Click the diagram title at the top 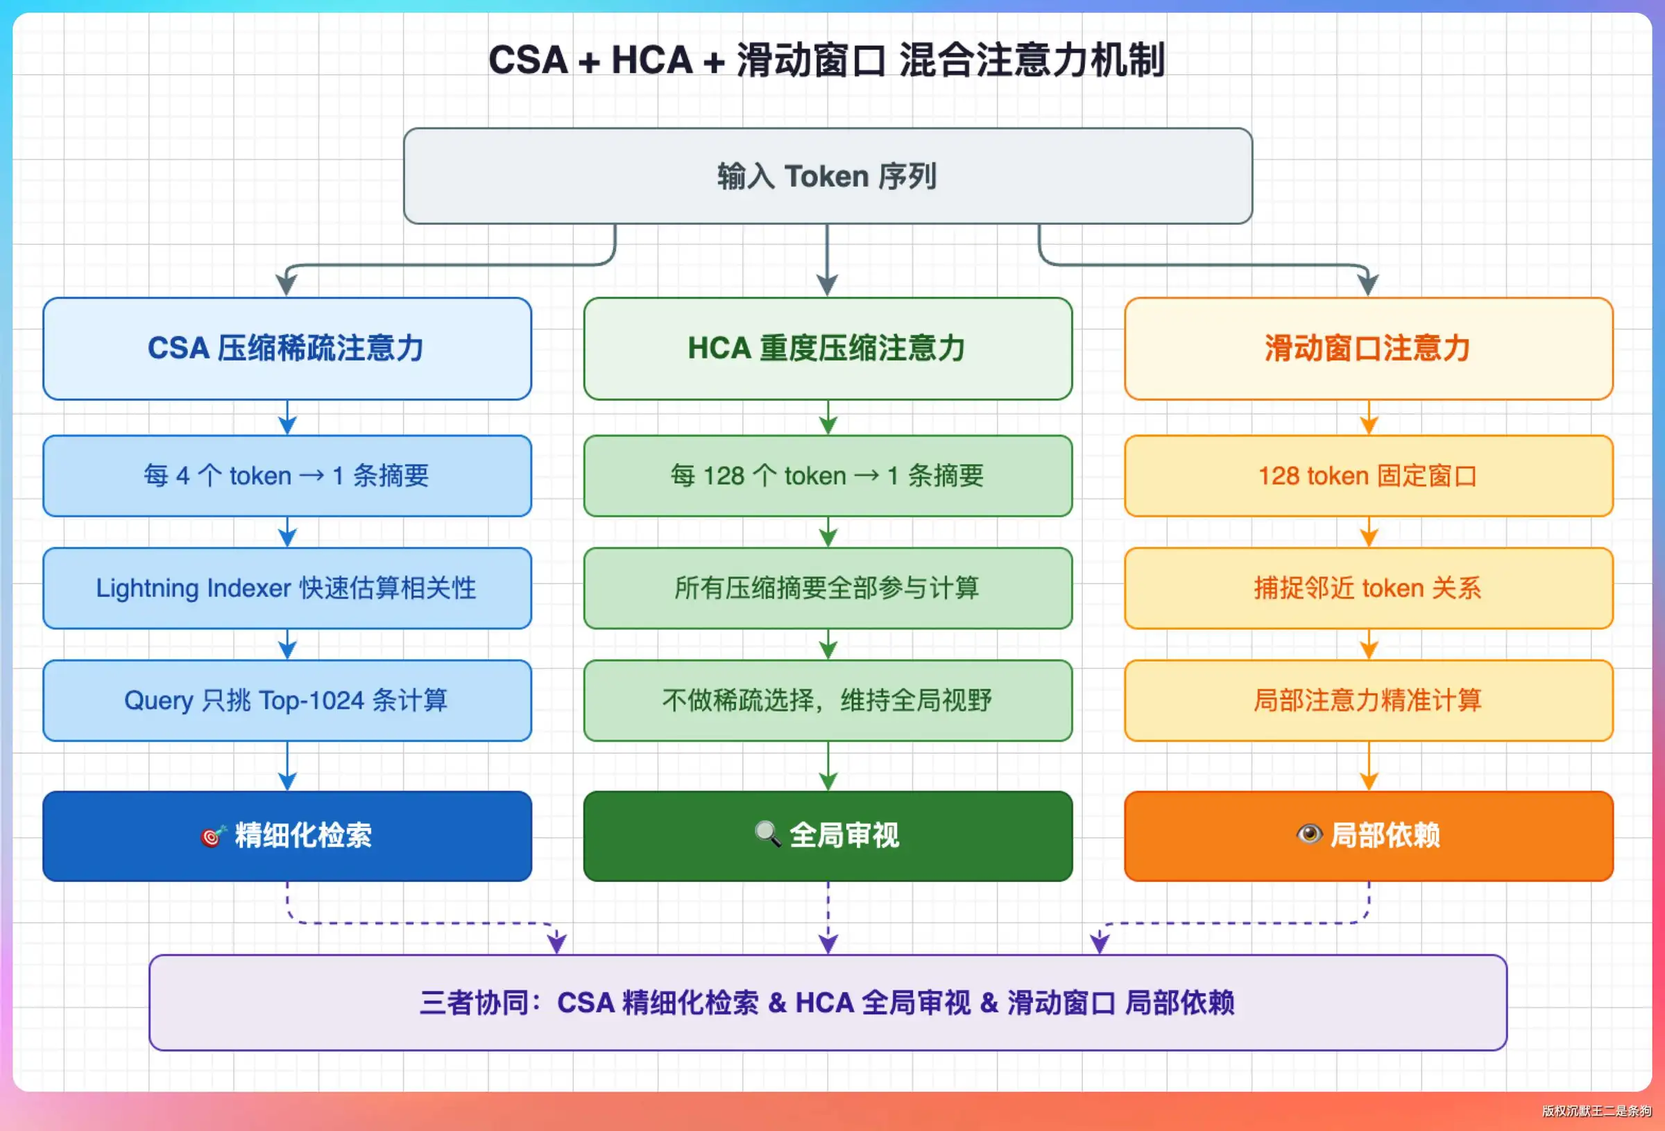click(x=827, y=60)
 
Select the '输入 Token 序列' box click(x=828, y=176)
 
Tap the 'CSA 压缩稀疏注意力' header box click(x=287, y=349)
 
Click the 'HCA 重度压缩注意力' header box click(x=828, y=349)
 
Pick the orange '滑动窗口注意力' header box click(x=1368, y=349)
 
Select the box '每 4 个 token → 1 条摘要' click(x=287, y=476)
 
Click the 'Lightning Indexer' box click(x=287, y=588)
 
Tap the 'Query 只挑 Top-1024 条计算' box click(x=287, y=700)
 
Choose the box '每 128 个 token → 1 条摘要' click(x=828, y=476)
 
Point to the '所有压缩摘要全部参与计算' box click(x=828, y=588)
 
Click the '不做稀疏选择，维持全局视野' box click(x=828, y=700)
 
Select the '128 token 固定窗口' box click(x=1368, y=476)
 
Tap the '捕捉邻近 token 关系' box click(x=1368, y=588)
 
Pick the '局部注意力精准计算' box click(x=1368, y=700)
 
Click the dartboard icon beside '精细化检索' click(x=214, y=835)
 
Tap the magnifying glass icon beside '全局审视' click(x=768, y=834)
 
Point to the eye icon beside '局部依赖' click(x=1310, y=834)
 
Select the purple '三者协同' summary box click(x=828, y=1003)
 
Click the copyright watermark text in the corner click(x=1597, y=1111)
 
